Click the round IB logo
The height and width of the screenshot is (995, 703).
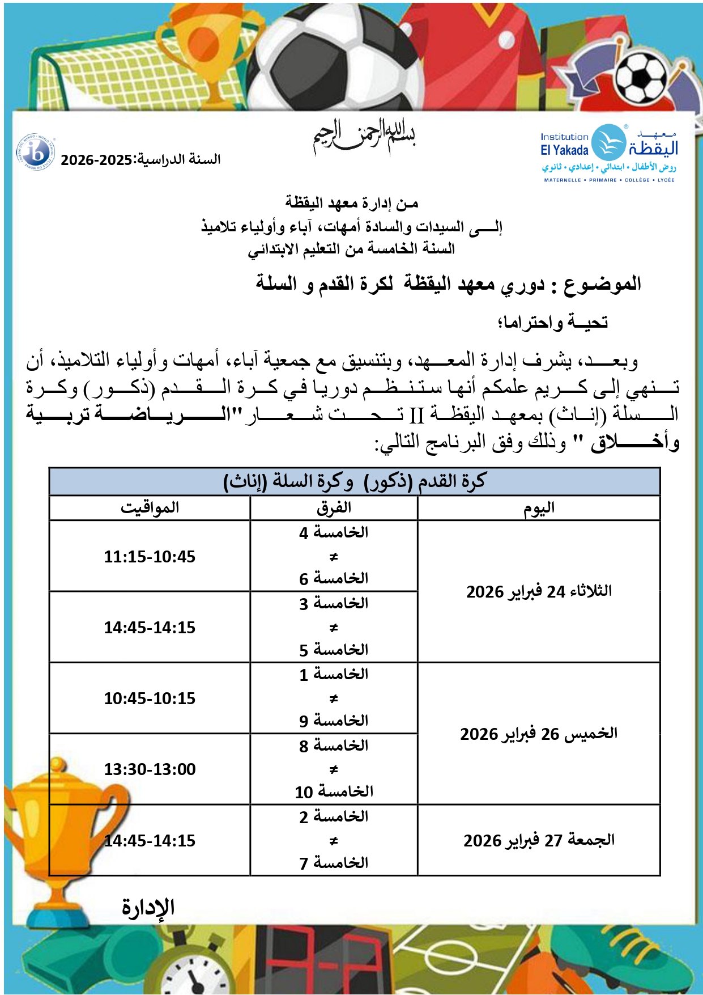pyautogui.click(x=36, y=153)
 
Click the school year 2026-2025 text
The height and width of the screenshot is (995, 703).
pyautogui.click(x=140, y=160)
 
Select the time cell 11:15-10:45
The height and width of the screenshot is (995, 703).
pyautogui.click(x=150, y=557)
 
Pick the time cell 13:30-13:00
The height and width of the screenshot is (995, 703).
pyautogui.click(x=150, y=769)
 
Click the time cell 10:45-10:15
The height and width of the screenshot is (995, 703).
pyautogui.click(x=150, y=698)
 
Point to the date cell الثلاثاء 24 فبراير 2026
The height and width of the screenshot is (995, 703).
pyautogui.click(x=539, y=592)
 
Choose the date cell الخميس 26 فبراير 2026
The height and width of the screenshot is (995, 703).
pyautogui.click(x=539, y=734)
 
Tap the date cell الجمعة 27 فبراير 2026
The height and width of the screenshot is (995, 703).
pyautogui.click(x=539, y=840)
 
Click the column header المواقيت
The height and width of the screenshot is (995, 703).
pyautogui.click(x=150, y=508)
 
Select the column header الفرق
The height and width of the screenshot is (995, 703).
pyautogui.click(x=334, y=508)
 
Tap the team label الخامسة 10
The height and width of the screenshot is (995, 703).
pyautogui.click(x=334, y=792)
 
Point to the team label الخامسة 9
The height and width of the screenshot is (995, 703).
pyautogui.click(x=334, y=721)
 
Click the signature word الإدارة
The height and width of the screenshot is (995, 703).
pyautogui.click(x=148, y=908)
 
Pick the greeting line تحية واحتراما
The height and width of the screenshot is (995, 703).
pyautogui.click(x=552, y=323)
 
